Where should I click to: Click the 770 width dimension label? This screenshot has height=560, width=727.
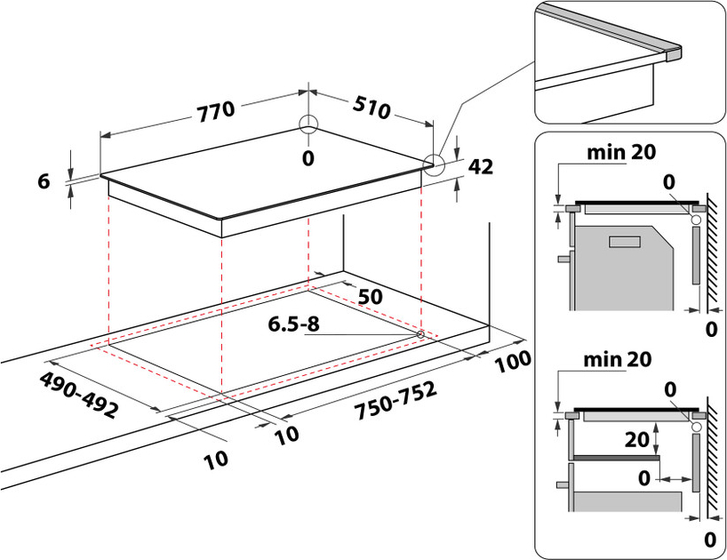click(214, 110)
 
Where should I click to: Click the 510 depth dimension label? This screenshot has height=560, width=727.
click(371, 108)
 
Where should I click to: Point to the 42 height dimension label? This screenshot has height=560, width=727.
click(480, 167)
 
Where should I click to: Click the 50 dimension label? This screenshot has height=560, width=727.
click(371, 296)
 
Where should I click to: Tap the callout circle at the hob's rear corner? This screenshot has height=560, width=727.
click(308, 124)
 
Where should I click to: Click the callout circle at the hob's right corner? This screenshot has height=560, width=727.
click(433, 164)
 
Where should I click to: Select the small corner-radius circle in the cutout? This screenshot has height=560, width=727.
click(420, 333)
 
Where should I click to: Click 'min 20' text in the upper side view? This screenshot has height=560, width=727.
click(620, 152)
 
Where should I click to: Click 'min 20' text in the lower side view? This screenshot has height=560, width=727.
click(618, 360)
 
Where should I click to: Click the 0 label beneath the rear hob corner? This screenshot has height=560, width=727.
click(308, 158)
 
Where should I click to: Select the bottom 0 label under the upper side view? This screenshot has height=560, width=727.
click(710, 331)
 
